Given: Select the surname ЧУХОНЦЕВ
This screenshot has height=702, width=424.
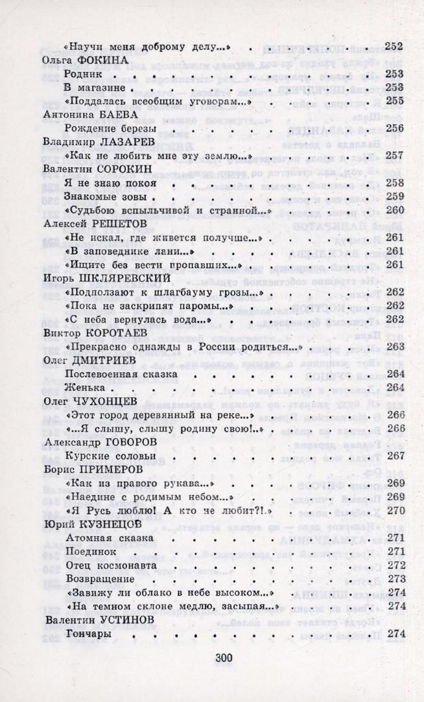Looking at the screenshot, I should point(111,401).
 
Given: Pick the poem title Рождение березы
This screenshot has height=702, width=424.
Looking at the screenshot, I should point(108,128).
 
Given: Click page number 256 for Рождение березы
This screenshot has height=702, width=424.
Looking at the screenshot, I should point(394,128).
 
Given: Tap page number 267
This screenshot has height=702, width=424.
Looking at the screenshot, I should point(394,456).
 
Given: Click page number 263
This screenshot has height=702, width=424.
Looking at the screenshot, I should point(394,347).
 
